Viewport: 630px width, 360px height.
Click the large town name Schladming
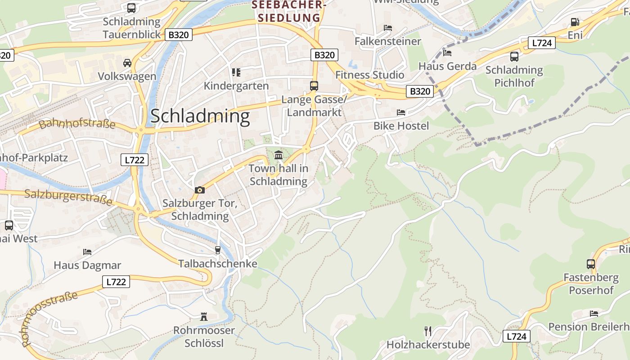tap(200, 116)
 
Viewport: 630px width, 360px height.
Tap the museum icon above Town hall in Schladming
tap(279, 155)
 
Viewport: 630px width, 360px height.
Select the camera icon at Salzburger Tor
tap(200, 190)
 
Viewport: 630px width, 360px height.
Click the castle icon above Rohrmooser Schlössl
tap(204, 317)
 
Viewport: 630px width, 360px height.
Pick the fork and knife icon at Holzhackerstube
tap(428, 331)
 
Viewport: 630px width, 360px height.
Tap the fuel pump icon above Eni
tap(575, 22)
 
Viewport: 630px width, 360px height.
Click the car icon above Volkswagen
tap(127, 63)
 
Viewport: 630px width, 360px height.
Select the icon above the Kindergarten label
tap(236, 72)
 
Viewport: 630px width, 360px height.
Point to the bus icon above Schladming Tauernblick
tap(131, 8)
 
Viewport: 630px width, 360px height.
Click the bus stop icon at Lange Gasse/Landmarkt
tap(314, 85)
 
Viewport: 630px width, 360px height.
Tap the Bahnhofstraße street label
tap(77, 124)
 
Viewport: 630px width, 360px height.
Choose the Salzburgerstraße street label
tap(68, 197)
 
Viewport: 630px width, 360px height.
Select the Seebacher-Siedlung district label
tap(289, 11)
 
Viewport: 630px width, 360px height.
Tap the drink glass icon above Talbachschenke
tap(218, 250)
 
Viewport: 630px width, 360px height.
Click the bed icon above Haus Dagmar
tap(87, 252)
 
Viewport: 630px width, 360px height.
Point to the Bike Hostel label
tap(401, 126)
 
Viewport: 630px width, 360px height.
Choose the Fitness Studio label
tap(369, 75)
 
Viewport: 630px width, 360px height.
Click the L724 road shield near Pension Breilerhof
tap(516, 336)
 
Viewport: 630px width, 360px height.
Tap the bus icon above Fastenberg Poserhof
tap(591, 264)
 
